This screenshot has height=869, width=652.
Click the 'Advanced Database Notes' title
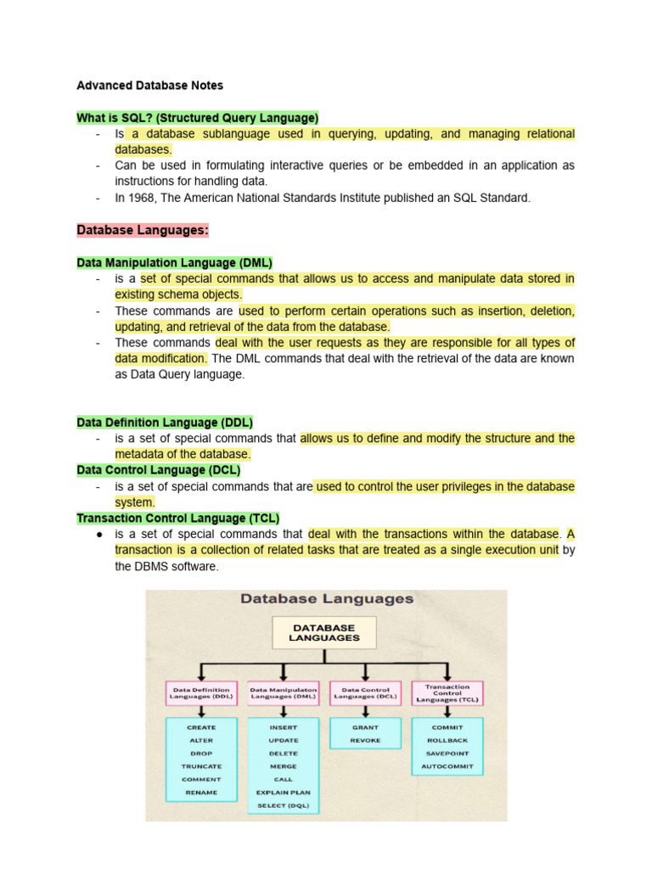click(149, 85)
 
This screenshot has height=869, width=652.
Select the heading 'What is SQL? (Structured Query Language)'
click(197, 117)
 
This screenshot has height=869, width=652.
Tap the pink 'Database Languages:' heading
click(142, 230)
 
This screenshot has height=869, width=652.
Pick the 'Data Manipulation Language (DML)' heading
click(174, 262)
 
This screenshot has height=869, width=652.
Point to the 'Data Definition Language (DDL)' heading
click(165, 422)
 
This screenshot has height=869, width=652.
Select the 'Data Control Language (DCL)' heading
click(159, 469)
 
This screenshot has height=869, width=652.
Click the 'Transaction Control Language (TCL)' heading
click(177, 518)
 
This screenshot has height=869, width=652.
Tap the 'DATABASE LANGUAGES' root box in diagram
click(323, 633)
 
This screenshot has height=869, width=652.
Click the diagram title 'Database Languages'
click(327, 599)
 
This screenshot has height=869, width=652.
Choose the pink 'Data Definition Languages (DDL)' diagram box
click(201, 693)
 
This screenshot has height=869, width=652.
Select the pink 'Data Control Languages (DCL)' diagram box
click(365, 693)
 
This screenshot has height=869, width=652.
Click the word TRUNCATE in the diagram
click(201, 766)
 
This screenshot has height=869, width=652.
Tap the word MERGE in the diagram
click(284, 766)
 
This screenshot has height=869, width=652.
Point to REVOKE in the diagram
click(365, 741)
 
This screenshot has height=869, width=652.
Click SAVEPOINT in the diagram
click(447, 754)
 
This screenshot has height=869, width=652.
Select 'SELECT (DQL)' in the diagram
click(284, 805)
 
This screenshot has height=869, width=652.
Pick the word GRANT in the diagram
click(365, 727)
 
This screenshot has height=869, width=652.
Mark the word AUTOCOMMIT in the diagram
click(447, 766)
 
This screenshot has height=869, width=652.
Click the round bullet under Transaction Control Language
click(99, 535)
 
